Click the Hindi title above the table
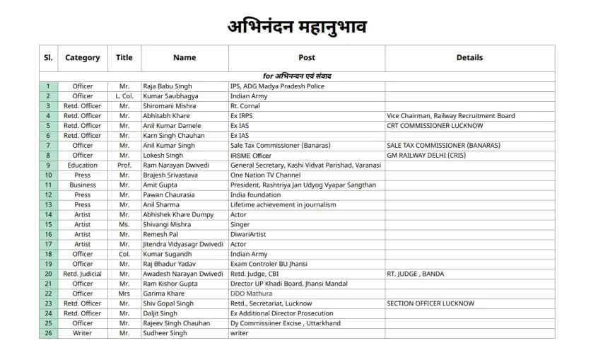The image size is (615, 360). click(297, 27)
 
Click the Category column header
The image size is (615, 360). click(82, 58)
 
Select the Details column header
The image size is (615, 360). click(469, 58)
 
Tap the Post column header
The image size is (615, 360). click(307, 58)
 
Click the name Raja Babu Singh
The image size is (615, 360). click(167, 86)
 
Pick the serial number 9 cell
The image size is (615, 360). click(49, 166)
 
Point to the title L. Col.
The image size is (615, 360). click(124, 96)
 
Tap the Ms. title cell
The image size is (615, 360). click(124, 225)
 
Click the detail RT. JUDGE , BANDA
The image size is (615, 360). click(416, 274)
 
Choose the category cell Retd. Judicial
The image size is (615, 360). click(82, 274)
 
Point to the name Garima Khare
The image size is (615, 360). click(163, 294)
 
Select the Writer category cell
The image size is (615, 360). click(82, 334)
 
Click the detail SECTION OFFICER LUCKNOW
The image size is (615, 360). click(430, 304)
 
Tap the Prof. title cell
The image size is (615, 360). click(124, 166)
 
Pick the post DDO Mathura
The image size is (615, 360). click(251, 294)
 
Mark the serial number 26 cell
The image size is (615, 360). click(49, 334)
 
